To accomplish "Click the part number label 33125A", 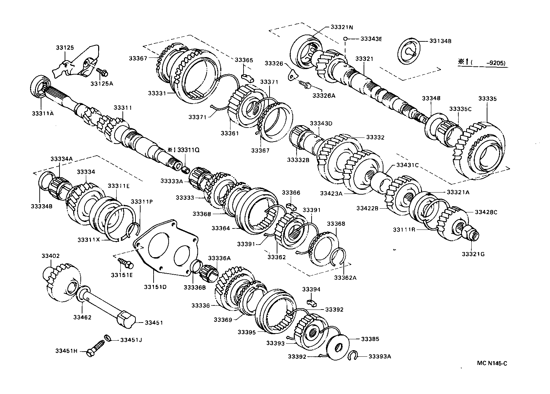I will tap(102, 83).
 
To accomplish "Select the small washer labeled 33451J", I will tap(108, 338).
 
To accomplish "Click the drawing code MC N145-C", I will tap(492, 363).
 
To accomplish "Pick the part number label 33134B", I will tap(440, 41).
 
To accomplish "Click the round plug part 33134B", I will tap(409, 51).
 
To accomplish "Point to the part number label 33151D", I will tap(155, 287).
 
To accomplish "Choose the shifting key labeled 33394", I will tap(312, 301).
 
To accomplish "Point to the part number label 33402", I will tap(51, 256).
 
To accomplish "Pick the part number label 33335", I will tap(487, 98).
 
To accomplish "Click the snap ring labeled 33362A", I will tap(341, 255).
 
